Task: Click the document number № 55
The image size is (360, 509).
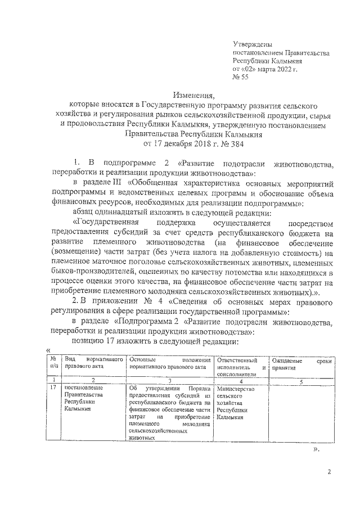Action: [x=241, y=78]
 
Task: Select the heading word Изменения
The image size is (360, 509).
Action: [x=195, y=96]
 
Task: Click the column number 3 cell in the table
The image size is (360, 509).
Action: [x=170, y=381]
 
